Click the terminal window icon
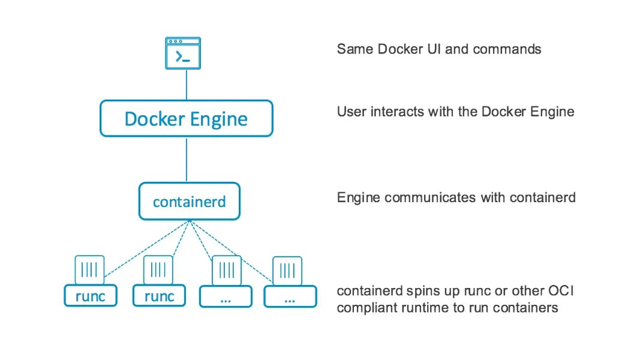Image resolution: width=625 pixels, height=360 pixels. coord(183,53)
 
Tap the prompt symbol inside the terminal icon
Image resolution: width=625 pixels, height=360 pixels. coord(182,57)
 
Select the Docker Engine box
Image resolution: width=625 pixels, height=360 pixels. coord(186,118)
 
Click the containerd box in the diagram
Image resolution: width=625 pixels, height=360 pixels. coord(189,202)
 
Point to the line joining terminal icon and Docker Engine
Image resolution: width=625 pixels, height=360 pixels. coord(187,85)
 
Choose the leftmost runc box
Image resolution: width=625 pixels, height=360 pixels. coord(91,296)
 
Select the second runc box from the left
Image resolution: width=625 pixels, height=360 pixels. coord(159,296)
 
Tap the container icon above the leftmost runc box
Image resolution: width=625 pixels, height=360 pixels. coord(89,269)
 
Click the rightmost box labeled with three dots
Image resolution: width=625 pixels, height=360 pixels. coord(290,296)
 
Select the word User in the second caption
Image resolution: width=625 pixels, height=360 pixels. coord(350,112)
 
